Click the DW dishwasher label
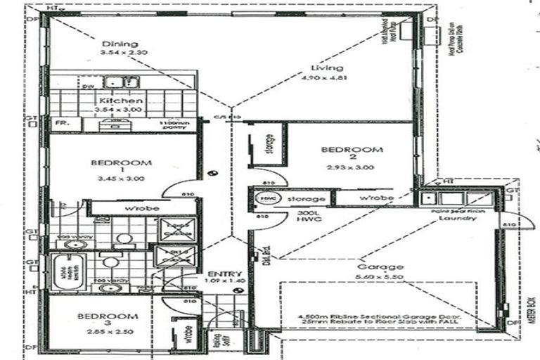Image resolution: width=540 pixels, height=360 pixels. pyautogui.click(x=87, y=86)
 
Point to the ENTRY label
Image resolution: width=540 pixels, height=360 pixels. pyautogui.click(x=224, y=274)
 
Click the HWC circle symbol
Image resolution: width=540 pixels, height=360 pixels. pyautogui.click(x=266, y=199)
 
